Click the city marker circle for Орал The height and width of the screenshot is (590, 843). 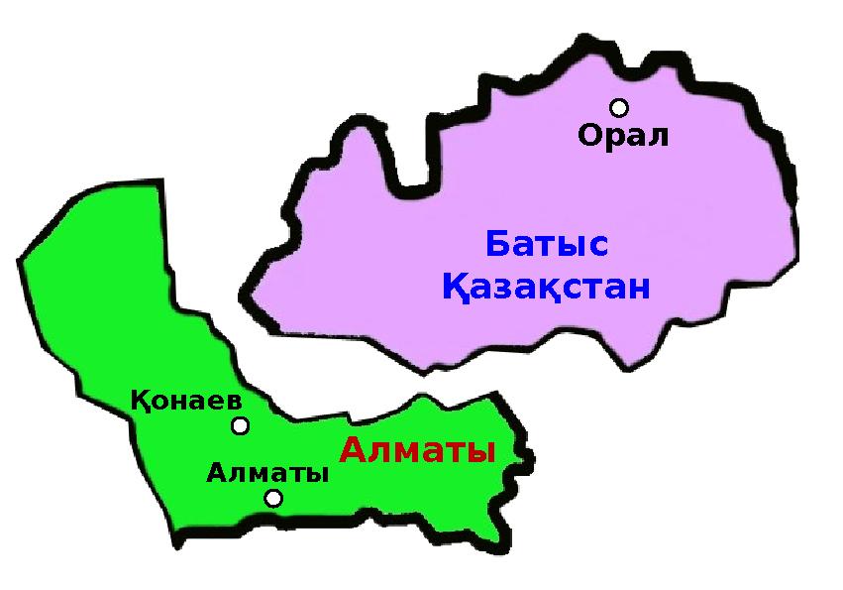(x=619, y=107)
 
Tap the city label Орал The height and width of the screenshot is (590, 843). (x=623, y=136)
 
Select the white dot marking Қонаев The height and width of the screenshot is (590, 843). (x=240, y=426)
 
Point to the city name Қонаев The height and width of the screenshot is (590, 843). (x=186, y=402)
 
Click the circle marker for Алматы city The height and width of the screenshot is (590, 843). (x=273, y=498)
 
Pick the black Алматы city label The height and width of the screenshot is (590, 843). (x=267, y=473)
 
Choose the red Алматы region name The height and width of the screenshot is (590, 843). (x=417, y=451)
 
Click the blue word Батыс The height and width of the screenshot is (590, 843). (x=547, y=244)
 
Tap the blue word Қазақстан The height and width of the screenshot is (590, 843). (x=546, y=289)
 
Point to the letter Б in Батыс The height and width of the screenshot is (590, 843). (x=497, y=244)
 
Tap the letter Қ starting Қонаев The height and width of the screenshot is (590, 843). (x=140, y=402)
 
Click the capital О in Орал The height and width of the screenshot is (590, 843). (x=589, y=136)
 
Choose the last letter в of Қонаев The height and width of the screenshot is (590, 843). (x=234, y=403)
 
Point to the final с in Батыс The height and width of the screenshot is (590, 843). (x=598, y=245)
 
